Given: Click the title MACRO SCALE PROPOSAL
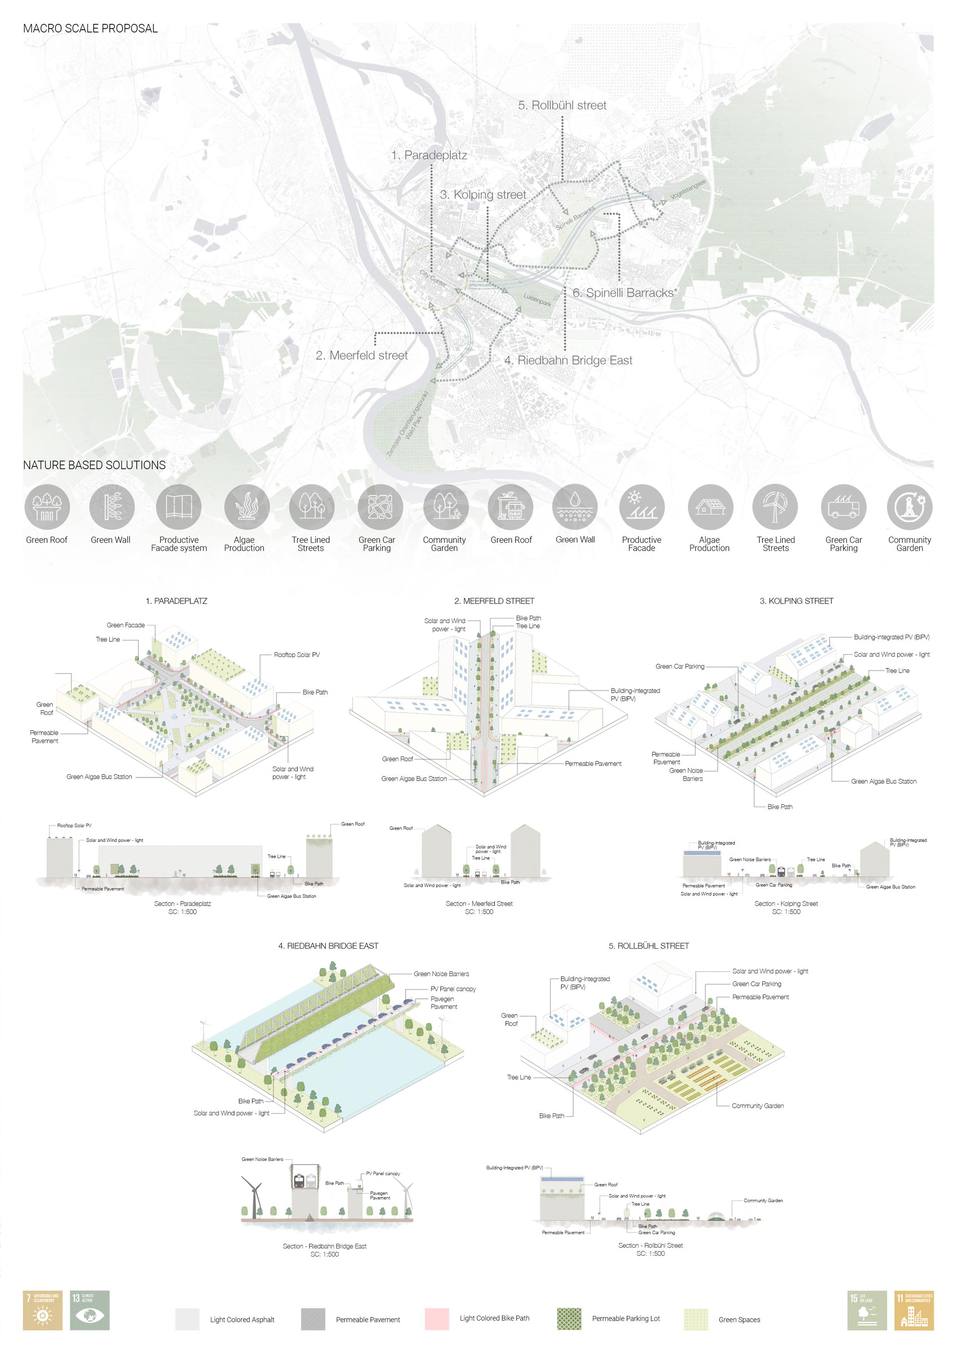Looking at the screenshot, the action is pyautogui.click(x=90, y=28).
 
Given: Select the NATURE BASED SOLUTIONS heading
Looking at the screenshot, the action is pyautogui.click(x=94, y=465).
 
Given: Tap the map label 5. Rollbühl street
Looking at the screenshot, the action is pyautogui.click(x=562, y=105).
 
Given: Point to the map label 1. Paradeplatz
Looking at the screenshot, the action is pyautogui.click(x=429, y=155).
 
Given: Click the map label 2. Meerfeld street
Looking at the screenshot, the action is pyautogui.click(x=361, y=355).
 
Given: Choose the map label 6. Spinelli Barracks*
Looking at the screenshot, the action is pyautogui.click(x=624, y=293).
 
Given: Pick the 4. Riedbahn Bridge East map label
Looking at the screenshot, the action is pyautogui.click(x=568, y=360).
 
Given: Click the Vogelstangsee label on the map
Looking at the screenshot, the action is pyautogui.click(x=688, y=189).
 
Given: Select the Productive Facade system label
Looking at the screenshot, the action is pyautogui.click(x=179, y=544).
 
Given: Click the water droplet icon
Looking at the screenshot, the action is pyautogui.click(x=575, y=507).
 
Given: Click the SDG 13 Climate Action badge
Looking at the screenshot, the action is pyautogui.click(x=89, y=1311).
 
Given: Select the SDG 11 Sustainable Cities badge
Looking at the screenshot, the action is pyautogui.click(x=914, y=1311).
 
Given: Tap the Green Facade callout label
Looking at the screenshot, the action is pyautogui.click(x=125, y=625).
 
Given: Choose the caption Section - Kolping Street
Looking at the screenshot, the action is pyautogui.click(x=786, y=903).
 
